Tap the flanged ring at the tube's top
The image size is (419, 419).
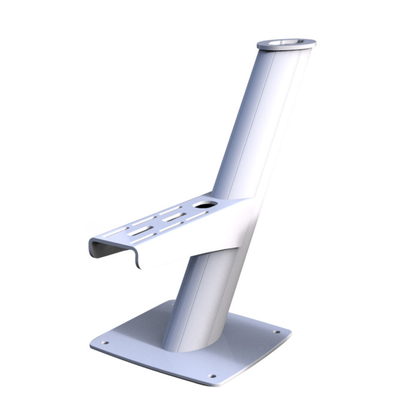[287, 45]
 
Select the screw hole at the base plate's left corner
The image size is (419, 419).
[105, 342]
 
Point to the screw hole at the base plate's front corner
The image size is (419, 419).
[212, 376]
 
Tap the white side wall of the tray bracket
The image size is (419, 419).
[198, 242]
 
